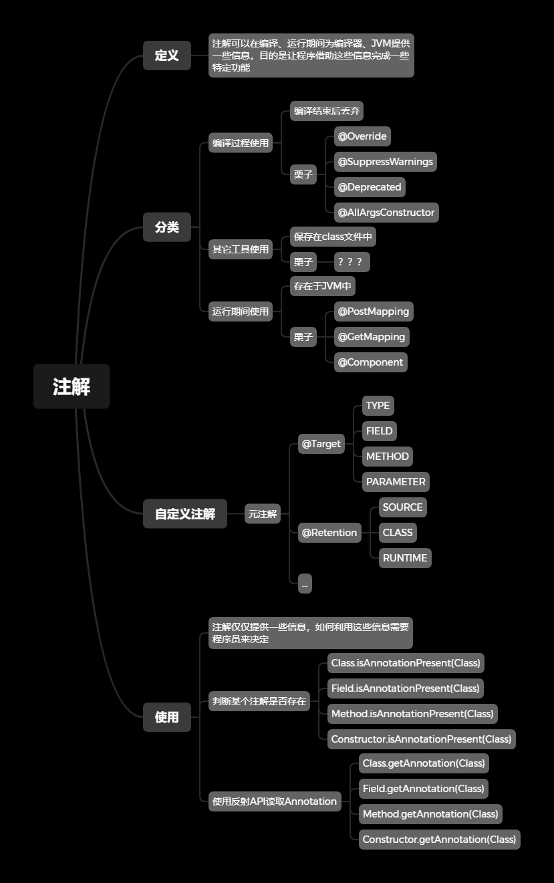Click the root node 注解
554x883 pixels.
click(x=72, y=386)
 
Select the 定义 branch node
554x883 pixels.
click(x=167, y=55)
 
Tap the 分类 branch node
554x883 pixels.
click(x=167, y=227)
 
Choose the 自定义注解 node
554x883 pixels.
click(x=185, y=514)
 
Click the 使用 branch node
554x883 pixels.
click(x=167, y=717)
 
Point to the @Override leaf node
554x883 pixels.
click(x=362, y=136)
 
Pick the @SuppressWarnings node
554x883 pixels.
click(x=385, y=162)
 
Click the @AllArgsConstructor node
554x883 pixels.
click(x=386, y=213)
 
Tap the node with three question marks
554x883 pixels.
click(x=352, y=262)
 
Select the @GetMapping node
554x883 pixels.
click(x=372, y=337)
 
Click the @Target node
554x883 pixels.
click(x=321, y=444)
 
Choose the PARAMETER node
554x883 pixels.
click(x=396, y=482)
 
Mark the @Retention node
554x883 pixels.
click(x=330, y=533)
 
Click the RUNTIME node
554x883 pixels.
click(x=405, y=558)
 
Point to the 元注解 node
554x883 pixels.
click(x=263, y=514)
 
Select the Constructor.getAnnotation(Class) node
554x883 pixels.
click(x=439, y=840)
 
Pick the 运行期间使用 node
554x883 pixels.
click(x=241, y=311)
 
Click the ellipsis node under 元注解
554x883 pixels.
click(x=305, y=584)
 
